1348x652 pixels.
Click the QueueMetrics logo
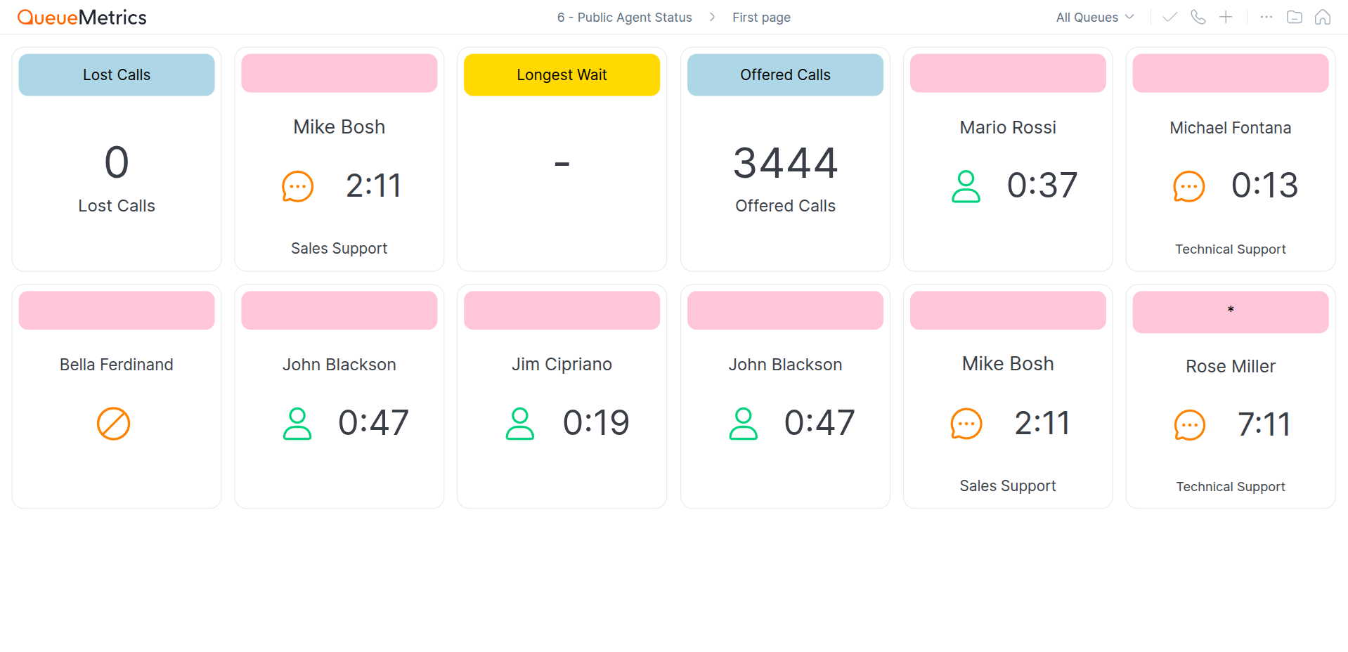[x=82, y=17]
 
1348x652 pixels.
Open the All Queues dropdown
[x=1094, y=17]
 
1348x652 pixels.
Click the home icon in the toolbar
[x=1322, y=17]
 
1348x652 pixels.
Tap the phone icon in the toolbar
[x=1198, y=17]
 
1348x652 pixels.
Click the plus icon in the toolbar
[x=1225, y=17]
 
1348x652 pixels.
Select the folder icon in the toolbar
[x=1294, y=17]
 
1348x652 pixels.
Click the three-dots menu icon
[x=1266, y=17]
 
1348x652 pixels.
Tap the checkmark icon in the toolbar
[x=1169, y=17]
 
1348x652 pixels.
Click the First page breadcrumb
[x=761, y=18]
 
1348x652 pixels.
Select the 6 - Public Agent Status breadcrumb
[x=624, y=18]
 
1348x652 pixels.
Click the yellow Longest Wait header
[x=562, y=74]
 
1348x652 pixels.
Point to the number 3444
[x=785, y=163]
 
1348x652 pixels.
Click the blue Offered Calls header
[x=785, y=74]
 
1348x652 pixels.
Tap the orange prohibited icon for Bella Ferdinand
[x=113, y=424]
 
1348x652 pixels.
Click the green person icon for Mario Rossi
[x=966, y=186]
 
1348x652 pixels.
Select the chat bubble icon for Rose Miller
[x=1189, y=425]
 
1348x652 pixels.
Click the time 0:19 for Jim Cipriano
[x=596, y=423]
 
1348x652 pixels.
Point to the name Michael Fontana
[x=1230, y=128]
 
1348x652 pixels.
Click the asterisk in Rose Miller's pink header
[x=1231, y=310]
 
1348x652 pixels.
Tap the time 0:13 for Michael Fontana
[x=1264, y=185]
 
